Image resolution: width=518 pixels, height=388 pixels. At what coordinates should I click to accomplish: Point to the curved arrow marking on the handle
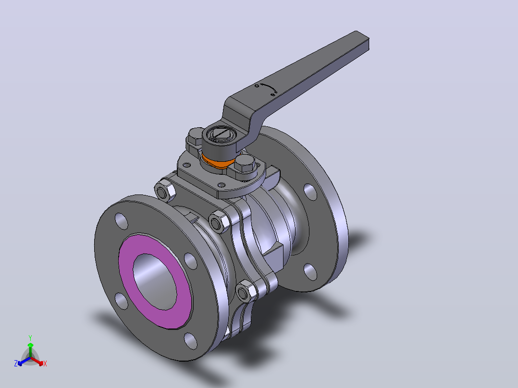268,87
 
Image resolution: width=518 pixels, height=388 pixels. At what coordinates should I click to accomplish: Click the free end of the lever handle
362,40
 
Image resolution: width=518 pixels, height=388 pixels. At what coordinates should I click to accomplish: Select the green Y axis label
30,338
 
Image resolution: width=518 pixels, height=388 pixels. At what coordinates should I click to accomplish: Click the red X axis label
45,364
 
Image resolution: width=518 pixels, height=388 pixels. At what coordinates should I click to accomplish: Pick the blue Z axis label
16,363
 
